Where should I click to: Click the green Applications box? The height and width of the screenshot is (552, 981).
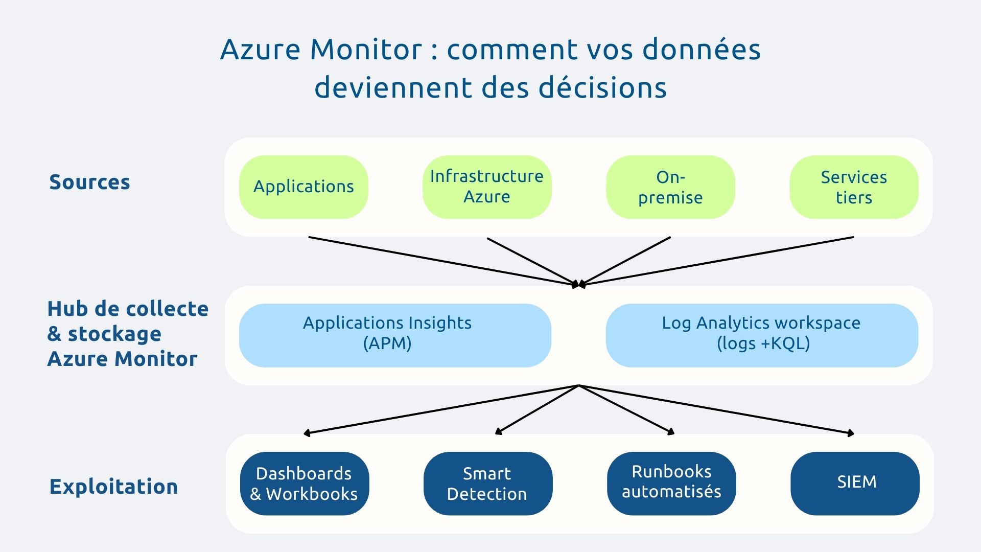pos(303,187)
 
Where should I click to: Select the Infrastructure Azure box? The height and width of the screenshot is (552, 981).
pos(487,187)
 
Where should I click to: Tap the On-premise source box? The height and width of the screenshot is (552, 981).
pos(670,187)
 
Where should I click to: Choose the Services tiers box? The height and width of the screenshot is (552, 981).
pos(854,187)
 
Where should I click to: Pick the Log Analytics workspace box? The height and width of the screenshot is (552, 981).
pos(762,335)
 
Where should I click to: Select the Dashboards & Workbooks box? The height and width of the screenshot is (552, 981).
pos(305,484)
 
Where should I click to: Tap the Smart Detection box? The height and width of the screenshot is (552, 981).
pos(488,484)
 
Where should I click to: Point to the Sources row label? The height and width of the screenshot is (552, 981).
pos(89,182)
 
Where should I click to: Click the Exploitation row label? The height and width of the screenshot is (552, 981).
pos(113,487)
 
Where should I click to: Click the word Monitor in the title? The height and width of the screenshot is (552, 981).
pos(366,50)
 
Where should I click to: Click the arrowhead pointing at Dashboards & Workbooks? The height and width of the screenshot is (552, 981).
pos(307,433)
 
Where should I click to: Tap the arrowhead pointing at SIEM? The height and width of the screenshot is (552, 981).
pos(851,433)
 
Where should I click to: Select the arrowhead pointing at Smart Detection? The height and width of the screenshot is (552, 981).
pos(499,432)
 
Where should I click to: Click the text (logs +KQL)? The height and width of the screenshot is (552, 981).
pos(763,343)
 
